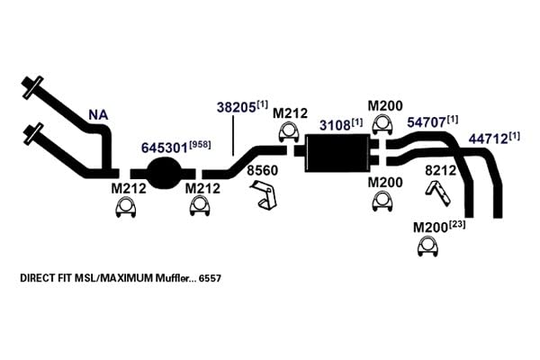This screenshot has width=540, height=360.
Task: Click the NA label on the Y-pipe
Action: tap(98, 115)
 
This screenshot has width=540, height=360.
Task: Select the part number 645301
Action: tap(165, 148)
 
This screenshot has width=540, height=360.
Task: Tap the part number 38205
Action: tap(236, 107)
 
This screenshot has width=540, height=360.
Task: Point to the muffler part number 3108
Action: tap(335, 125)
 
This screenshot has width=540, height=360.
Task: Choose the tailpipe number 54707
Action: tap(427, 122)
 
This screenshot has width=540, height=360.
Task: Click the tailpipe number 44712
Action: tap(488, 139)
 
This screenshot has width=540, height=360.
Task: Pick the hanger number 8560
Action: tap(262, 170)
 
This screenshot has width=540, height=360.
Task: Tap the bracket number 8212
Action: tap(440, 170)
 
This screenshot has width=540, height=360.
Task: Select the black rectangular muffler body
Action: tap(337, 153)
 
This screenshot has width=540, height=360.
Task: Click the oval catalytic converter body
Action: tap(164, 173)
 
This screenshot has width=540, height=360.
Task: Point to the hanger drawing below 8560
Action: tap(264, 194)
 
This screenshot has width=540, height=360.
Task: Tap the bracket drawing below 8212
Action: tap(438, 193)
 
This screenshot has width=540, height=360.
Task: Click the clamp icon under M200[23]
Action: tap(427, 247)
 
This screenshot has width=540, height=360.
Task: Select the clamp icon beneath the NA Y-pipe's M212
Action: tap(125, 207)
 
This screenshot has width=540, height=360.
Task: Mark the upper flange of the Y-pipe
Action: tap(32, 86)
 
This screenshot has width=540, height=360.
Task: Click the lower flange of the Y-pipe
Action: tap(32, 134)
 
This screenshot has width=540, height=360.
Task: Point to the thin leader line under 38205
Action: tap(233, 136)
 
